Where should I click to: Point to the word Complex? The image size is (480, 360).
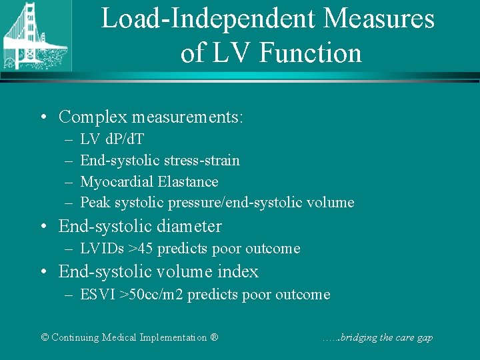click(x=93, y=117)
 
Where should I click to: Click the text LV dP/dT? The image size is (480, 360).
click(x=111, y=139)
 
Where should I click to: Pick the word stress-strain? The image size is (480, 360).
click(x=205, y=160)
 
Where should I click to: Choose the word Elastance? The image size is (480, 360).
click(x=188, y=181)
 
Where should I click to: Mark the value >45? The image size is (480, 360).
click(x=141, y=249)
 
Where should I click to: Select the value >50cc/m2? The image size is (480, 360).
click(x=151, y=294)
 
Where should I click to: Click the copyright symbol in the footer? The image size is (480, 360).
click(x=45, y=337)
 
